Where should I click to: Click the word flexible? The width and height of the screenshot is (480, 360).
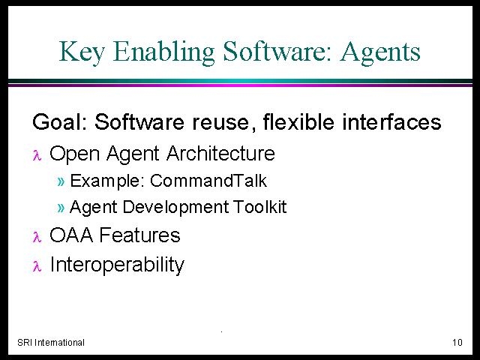(x=298, y=121)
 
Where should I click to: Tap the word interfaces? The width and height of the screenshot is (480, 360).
(x=391, y=121)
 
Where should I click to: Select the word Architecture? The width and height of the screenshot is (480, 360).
(x=220, y=153)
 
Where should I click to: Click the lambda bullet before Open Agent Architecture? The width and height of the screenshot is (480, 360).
(x=37, y=155)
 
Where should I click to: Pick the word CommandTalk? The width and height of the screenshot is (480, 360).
(x=208, y=181)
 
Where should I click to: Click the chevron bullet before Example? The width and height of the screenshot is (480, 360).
(x=61, y=181)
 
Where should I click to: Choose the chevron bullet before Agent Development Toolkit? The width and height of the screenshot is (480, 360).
(x=61, y=208)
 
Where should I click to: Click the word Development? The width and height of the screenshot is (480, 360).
(x=175, y=208)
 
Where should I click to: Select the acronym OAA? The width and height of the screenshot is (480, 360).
(x=71, y=235)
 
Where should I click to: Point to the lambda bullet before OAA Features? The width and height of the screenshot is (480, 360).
(x=37, y=237)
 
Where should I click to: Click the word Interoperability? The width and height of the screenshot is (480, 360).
(x=117, y=265)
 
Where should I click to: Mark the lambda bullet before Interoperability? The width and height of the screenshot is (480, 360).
(x=37, y=265)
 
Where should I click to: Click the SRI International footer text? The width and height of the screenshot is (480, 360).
(x=51, y=342)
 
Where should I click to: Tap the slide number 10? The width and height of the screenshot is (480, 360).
(x=457, y=342)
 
